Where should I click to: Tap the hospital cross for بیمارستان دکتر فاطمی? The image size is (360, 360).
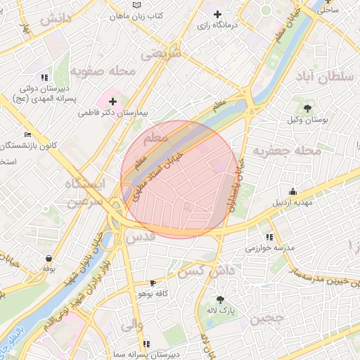point(112,102)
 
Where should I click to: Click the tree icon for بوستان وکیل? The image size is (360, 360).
point(308,108)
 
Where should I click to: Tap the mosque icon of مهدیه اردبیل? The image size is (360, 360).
point(292,191)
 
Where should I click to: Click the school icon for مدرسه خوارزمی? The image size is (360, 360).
point(269,237)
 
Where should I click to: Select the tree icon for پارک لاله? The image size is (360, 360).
point(220,299)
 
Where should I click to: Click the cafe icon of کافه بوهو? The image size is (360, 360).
point(153,283)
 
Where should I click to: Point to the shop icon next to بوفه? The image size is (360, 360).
point(49,257)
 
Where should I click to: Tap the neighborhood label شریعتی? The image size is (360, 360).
point(160,53)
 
